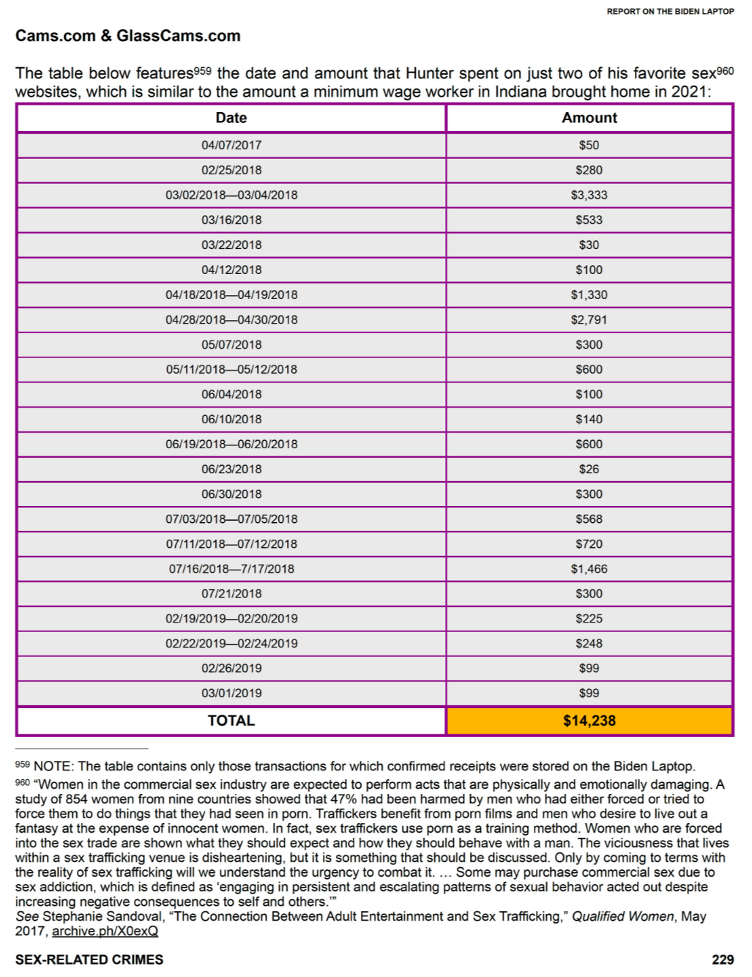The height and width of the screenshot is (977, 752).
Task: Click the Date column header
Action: coord(231,118)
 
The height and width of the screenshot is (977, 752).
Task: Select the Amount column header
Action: coord(589,118)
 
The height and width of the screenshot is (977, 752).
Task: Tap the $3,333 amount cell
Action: coord(589,195)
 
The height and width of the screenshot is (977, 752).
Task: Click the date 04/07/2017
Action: coord(231,145)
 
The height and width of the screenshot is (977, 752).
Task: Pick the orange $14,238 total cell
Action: coord(589,721)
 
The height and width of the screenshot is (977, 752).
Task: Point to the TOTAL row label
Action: coord(231,721)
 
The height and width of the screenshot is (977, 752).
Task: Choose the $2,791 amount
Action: coord(589,319)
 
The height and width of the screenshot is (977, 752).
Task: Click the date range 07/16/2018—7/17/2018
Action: coord(231,568)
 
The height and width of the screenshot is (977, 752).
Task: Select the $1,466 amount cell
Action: coord(589,568)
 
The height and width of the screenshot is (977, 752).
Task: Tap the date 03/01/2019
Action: coord(231,693)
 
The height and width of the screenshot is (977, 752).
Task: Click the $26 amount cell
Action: coord(589,469)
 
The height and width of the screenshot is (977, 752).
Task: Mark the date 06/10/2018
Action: coord(231,419)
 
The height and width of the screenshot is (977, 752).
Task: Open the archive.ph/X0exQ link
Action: coord(105,931)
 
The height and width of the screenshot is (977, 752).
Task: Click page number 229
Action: coord(723,959)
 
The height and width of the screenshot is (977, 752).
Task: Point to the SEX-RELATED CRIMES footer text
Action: coord(89,959)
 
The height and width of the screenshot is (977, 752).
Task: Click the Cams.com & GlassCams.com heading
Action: coord(128,36)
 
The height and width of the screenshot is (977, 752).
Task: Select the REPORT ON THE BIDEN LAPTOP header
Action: coord(670,12)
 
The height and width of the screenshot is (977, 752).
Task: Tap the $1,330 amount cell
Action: coord(589,294)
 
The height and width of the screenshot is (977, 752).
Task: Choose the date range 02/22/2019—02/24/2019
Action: coord(231,643)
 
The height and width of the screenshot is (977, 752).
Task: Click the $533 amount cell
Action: coord(589,220)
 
